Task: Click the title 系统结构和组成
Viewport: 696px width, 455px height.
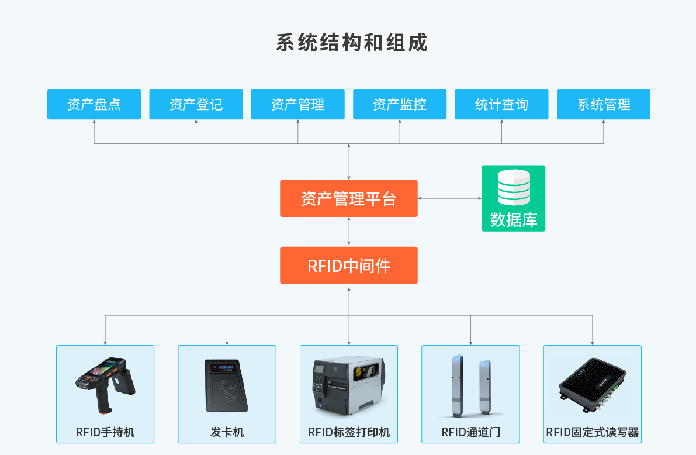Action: click(351, 43)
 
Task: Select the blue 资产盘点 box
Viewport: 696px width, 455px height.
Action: click(94, 105)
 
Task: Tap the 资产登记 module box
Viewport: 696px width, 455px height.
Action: click(196, 105)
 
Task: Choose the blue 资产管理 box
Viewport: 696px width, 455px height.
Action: click(297, 105)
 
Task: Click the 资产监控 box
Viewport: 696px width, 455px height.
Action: click(400, 105)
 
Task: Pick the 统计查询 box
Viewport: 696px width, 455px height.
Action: click(501, 105)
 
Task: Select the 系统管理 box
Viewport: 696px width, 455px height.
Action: click(604, 105)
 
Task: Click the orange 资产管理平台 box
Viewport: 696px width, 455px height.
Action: click(349, 198)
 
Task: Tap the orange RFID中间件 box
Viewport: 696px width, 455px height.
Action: click(349, 266)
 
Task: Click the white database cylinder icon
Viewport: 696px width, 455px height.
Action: click(514, 187)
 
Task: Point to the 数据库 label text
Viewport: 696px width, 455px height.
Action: click(514, 220)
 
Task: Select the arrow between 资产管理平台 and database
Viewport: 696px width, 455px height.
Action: click(449, 198)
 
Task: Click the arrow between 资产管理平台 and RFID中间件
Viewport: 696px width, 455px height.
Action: click(349, 232)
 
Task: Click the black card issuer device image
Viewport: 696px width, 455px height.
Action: click(227, 385)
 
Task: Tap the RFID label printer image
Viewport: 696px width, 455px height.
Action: click(349, 384)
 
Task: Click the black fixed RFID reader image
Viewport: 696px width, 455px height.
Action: click(593, 385)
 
